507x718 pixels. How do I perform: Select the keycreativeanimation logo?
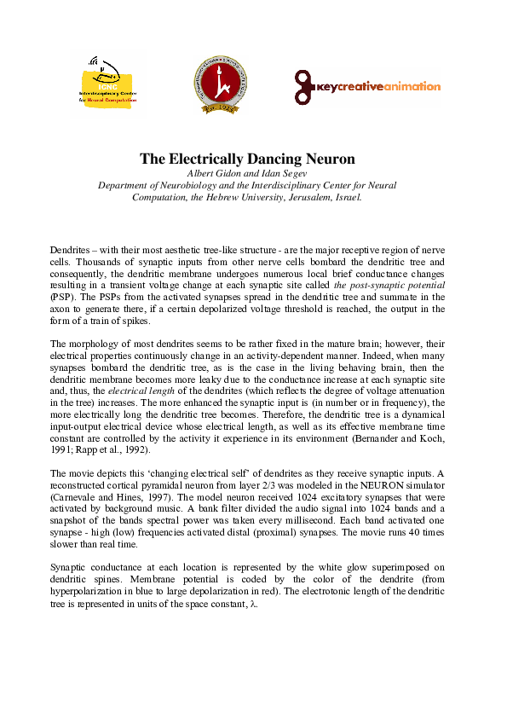367,86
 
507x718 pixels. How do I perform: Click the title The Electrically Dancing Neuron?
247,159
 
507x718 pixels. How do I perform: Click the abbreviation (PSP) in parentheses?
61,296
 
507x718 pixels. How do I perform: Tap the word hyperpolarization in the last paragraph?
89,590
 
